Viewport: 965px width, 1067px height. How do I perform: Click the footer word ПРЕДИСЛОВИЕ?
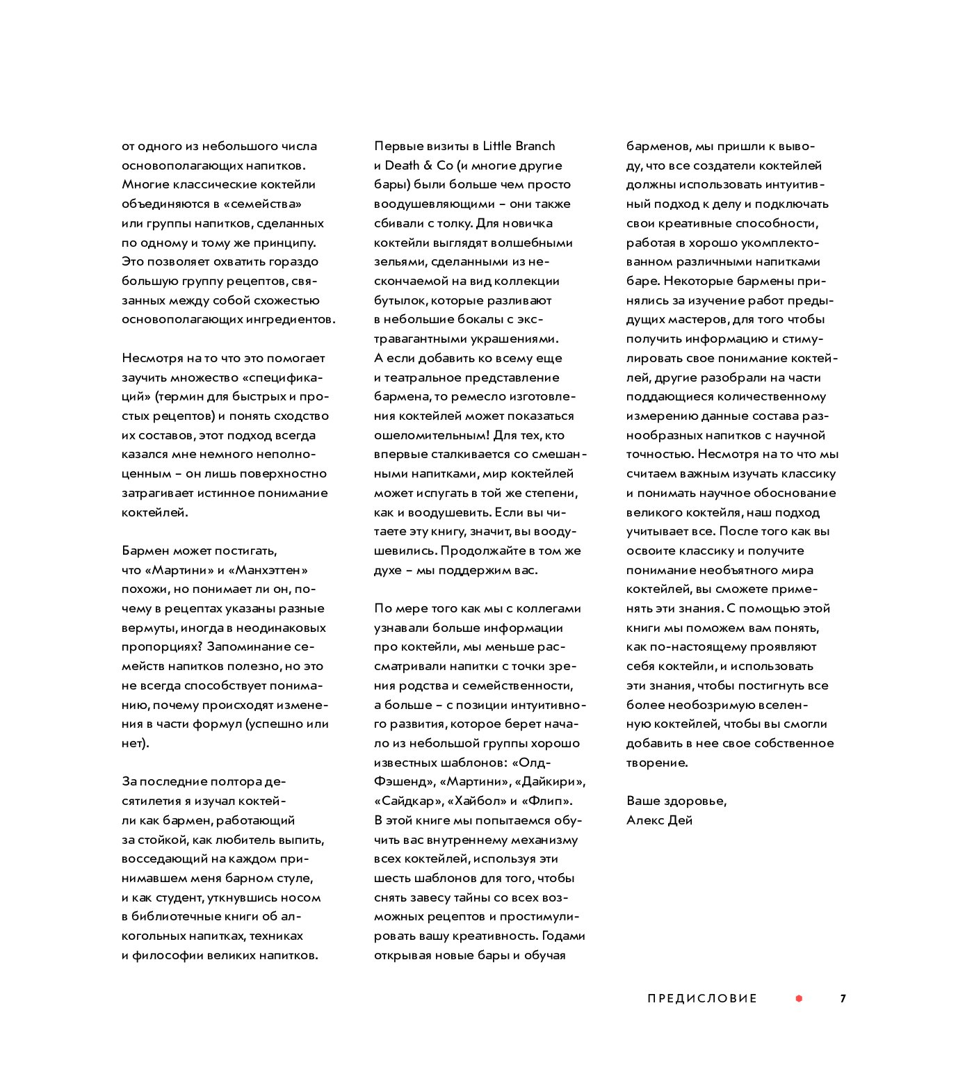(x=702, y=999)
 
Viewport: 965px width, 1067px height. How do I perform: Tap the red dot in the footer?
(x=799, y=999)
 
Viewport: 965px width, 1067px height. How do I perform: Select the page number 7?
(x=843, y=999)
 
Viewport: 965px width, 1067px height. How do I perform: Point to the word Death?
(x=403, y=165)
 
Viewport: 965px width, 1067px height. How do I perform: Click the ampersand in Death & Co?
(x=429, y=165)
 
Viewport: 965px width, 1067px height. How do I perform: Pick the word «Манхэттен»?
(x=272, y=570)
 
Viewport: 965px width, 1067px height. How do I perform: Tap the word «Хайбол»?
(x=476, y=801)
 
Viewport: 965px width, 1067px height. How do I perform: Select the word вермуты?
(x=149, y=628)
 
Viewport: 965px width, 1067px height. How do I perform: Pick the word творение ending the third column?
(x=656, y=763)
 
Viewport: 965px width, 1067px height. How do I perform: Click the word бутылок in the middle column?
(x=400, y=300)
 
